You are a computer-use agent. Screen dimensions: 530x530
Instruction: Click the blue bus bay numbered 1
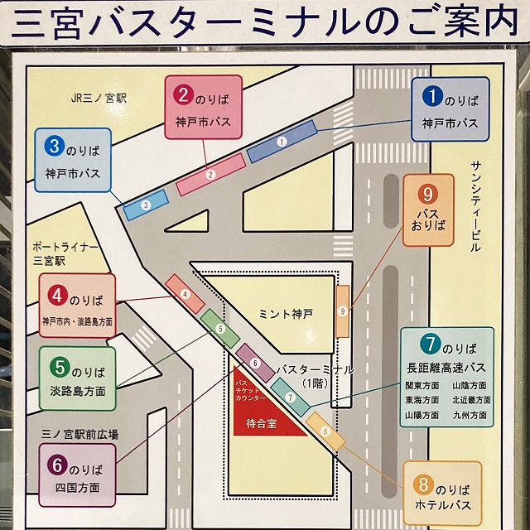coord(282,142)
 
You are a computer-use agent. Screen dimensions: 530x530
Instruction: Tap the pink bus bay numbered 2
coord(211,174)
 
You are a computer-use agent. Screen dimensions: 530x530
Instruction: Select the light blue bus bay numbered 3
coord(146,205)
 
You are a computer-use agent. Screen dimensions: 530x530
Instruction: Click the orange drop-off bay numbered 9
coord(342,311)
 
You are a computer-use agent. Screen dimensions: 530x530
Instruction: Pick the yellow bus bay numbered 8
coord(325,431)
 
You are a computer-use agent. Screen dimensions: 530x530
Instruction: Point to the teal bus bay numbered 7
coord(290,397)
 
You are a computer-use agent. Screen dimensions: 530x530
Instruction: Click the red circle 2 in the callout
coord(183,94)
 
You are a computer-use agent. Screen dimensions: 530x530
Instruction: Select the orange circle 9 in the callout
coord(428,195)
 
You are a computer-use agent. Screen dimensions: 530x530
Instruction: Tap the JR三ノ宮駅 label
coord(96,97)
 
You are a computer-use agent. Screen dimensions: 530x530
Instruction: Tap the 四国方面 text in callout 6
coord(79,488)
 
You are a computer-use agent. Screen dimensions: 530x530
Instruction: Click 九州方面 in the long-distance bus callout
coord(471,417)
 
